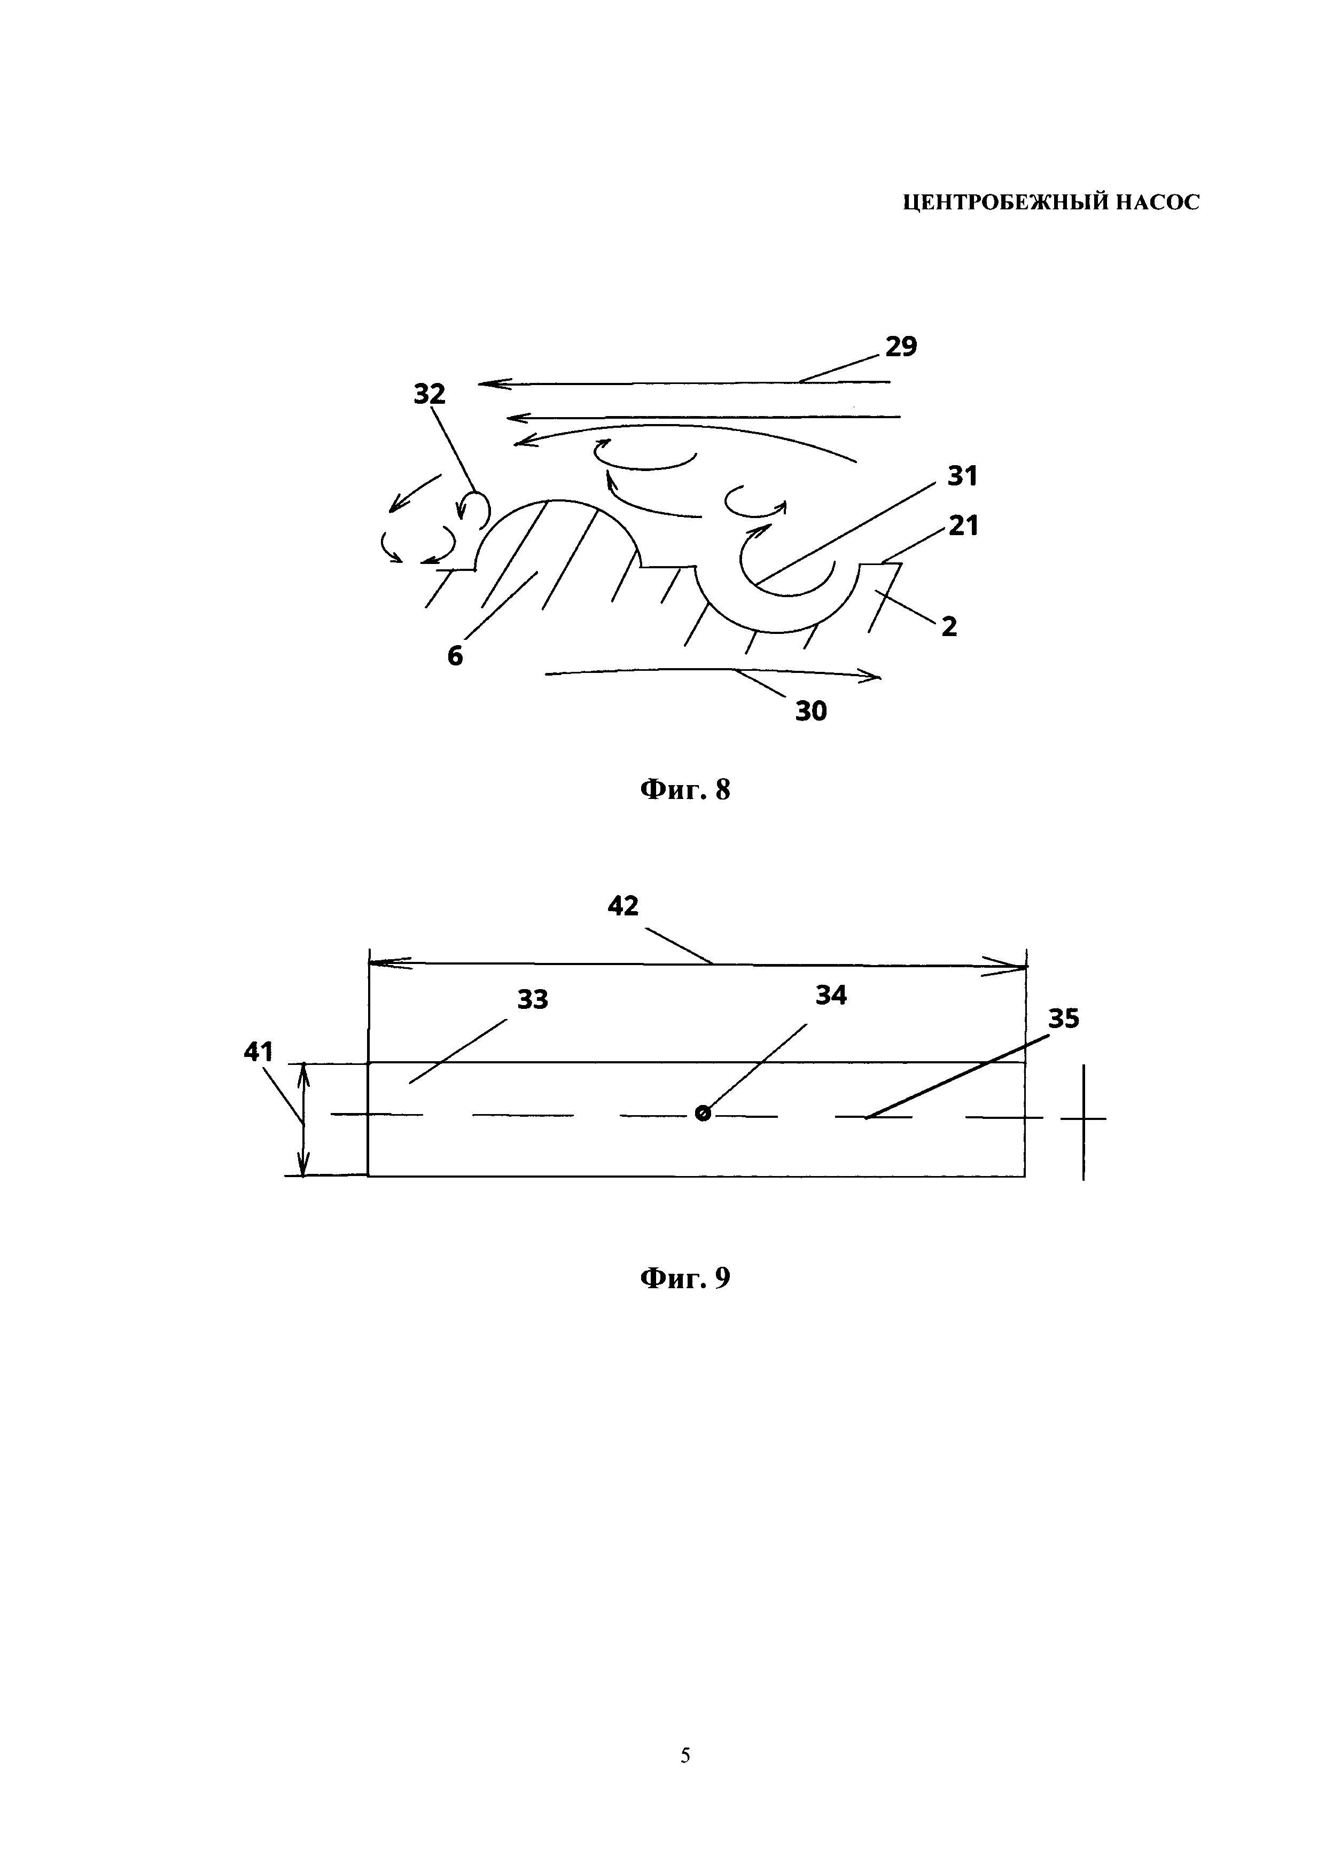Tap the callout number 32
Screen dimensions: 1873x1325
(429, 395)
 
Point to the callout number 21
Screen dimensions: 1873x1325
(963, 526)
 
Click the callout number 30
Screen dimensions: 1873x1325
(811, 711)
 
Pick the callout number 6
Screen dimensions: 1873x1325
(455, 655)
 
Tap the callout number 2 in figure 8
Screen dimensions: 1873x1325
(949, 626)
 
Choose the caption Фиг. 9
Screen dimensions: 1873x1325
(684, 1278)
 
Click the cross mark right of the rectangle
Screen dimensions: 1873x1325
(1084, 1118)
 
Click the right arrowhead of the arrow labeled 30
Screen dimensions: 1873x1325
(875, 676)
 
